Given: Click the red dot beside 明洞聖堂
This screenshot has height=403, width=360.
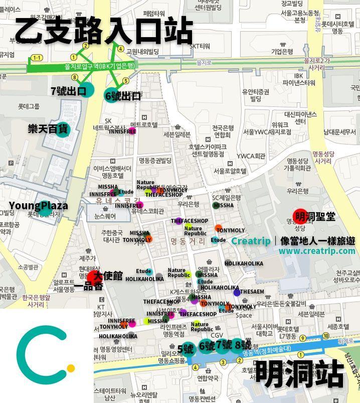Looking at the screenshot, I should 300,216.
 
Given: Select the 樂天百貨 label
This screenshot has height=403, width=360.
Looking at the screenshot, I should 48,129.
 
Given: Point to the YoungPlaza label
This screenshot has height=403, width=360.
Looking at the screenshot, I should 38,206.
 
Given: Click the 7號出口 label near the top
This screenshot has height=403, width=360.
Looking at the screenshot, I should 69,91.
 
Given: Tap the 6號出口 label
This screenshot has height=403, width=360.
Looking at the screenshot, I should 123,96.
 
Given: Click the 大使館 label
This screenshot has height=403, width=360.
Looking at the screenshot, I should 108,276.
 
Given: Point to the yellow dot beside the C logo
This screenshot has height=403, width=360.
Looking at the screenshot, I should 71,368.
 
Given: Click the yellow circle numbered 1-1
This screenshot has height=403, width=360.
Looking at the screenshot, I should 36,58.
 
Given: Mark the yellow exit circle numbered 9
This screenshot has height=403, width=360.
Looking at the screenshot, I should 302,337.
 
